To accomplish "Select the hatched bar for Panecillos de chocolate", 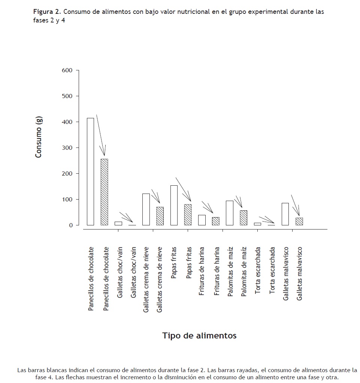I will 104,192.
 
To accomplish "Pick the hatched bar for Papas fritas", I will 188,215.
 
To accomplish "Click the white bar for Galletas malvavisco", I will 285,214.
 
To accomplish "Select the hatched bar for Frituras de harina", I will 216,221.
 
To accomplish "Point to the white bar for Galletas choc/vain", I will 118,224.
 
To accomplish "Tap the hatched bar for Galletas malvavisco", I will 299,221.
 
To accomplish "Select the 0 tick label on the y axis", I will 70,225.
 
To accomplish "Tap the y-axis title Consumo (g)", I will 39,137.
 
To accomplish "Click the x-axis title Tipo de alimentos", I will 199,335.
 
